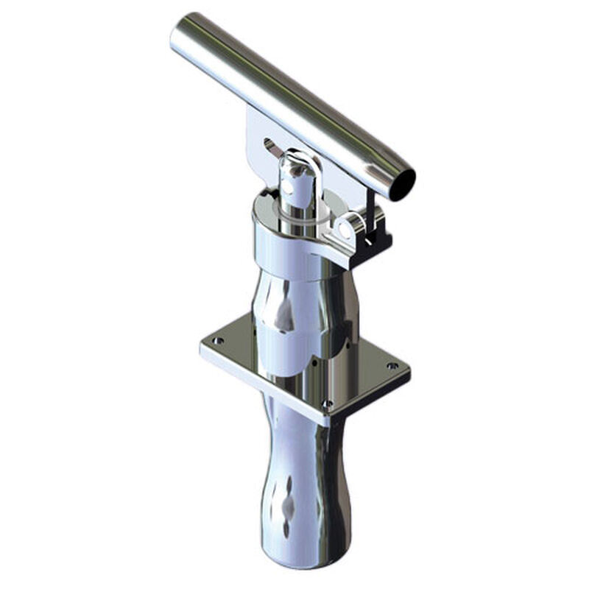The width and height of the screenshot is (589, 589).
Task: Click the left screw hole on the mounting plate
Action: click(217, 340)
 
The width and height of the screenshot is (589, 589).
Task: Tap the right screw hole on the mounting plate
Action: click(392, 365)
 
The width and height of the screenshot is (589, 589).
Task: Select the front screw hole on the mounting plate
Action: click(328, 403)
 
